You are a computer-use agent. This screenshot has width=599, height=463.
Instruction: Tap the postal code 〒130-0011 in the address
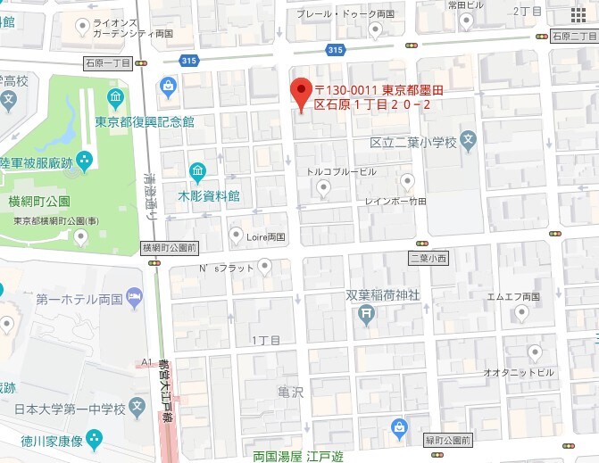tap(347, 89)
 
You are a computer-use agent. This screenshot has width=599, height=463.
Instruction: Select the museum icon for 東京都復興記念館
tap(115, 98)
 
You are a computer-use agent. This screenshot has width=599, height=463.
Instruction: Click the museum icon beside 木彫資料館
tap(197, 170)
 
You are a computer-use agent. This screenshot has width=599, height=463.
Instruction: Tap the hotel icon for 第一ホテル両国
tap(134, 296)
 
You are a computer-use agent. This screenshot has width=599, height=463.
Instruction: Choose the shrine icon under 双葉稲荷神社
tap(365, 313)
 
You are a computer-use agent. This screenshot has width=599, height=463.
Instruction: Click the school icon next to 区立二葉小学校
tap(470, 141)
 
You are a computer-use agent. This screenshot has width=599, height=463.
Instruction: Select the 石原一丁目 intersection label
tap(107, 63)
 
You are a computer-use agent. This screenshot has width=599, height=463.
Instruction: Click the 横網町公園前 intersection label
tap(170, 246)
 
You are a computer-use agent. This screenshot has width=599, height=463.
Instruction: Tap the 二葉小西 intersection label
tap(428, 258)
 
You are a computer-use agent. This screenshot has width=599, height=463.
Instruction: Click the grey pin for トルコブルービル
tap(324, 187)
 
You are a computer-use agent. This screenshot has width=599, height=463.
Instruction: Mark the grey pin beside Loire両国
tap(236, 236)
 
